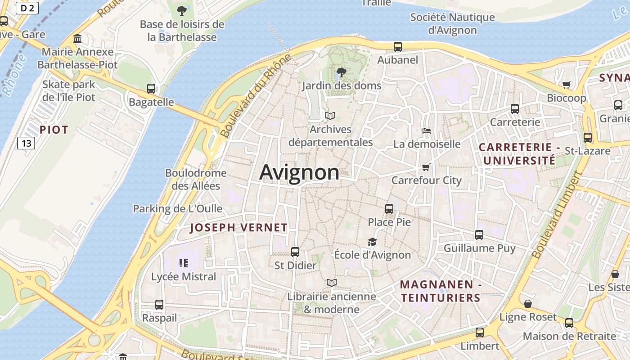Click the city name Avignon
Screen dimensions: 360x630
(299, 172)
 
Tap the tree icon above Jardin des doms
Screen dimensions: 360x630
(342, 72)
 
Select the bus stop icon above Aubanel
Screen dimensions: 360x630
(398, 46)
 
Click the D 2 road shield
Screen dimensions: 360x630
(27, 8)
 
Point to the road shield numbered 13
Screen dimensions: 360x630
(26, 143)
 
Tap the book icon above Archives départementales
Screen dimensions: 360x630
(330, 116)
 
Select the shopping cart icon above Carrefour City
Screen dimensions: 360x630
(426, 167)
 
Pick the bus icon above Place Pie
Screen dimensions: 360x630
(389, 209)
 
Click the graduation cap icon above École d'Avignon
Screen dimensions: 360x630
(372, 242)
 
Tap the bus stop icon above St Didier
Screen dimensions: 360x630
(295, 252)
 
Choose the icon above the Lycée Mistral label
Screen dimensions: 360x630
(183, 263)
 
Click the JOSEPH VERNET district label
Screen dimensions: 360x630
(238, 228)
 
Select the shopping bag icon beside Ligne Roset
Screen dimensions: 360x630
(528, 304)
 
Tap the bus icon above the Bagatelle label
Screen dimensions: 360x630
(151, 89)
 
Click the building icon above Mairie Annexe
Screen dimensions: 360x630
(77, 39)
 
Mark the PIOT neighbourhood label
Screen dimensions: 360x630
(54, 130)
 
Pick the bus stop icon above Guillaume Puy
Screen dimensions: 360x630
(479, 235)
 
